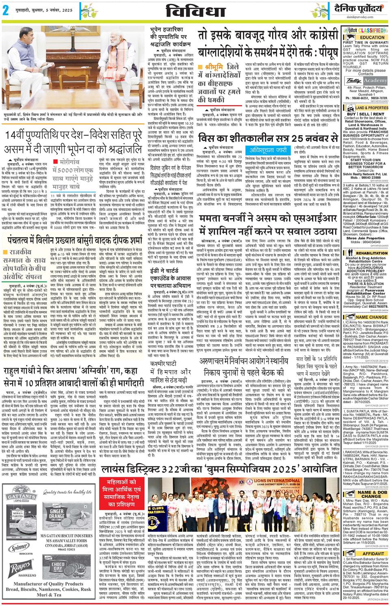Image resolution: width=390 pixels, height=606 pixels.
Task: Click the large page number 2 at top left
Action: coord(6,11)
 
